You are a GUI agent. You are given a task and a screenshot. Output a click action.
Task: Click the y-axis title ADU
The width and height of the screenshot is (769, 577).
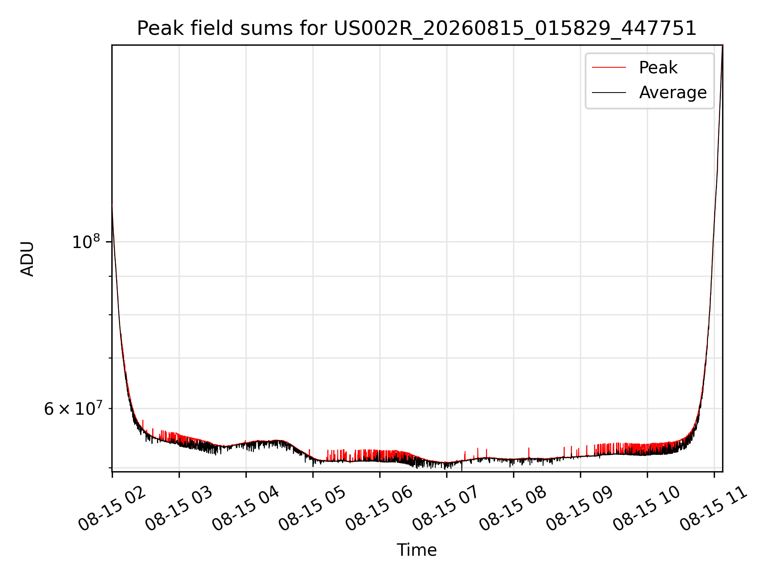pos(27,258)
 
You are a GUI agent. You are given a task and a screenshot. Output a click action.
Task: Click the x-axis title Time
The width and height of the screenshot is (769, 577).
pos(417,550)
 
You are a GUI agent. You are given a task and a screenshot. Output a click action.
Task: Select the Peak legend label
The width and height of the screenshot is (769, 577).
pos(658,68)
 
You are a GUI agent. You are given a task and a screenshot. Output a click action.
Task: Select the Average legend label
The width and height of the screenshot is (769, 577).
pos(673,93)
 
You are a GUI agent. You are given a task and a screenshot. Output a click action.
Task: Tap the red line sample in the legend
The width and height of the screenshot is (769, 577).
pos(609,68)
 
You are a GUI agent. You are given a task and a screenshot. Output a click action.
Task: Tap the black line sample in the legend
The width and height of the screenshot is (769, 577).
pos(609,93)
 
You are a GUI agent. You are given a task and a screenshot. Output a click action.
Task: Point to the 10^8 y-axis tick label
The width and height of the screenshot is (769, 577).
pos(86,242)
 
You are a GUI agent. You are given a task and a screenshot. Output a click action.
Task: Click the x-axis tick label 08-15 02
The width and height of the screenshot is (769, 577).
pos(113,509)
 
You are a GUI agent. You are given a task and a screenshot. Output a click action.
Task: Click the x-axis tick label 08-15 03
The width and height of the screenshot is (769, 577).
pos(179,509)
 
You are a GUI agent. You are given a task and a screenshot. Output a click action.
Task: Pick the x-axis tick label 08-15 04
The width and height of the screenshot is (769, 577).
pos(246,509)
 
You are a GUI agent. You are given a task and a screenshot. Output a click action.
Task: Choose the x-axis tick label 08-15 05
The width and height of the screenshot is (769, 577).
pos(313,509)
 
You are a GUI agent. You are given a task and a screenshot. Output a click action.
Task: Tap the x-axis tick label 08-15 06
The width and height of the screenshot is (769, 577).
pos(380,509)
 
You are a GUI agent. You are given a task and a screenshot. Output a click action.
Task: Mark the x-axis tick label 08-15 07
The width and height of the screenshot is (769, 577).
pos(447,509)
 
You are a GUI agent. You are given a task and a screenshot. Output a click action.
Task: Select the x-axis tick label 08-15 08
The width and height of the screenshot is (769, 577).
pos(514,509)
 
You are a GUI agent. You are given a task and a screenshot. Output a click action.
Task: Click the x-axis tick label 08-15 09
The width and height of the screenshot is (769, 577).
pos(581,509)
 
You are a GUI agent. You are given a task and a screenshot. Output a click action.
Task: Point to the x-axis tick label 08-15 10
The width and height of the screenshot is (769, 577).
pos(648,509)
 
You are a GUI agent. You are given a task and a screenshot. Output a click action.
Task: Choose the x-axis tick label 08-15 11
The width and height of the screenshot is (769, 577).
pos(715,509)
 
